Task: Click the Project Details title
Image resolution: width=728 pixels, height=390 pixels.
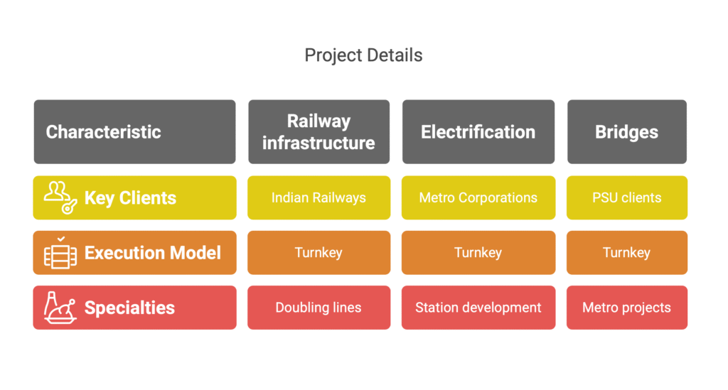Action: (363, 55)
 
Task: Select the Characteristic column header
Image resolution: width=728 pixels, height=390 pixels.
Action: (134, 131)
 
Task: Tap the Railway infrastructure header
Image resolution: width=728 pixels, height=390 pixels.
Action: (319, 131)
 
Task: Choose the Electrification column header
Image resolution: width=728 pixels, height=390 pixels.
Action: (478, 131)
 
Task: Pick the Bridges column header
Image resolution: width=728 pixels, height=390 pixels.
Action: (627, 131)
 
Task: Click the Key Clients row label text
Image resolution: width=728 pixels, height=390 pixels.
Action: (131, 198)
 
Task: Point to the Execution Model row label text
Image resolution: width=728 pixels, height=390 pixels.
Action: (153, 253)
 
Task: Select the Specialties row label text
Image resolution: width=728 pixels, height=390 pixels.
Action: (129, 308)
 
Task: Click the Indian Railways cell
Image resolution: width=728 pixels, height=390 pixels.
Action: (319, 197)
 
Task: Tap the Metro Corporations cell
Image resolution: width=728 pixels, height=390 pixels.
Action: (478, 197)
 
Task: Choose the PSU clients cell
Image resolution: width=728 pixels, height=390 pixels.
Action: (627, 197)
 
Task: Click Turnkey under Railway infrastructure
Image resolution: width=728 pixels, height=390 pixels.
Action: (319, 253)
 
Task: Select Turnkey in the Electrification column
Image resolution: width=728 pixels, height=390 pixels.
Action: (478, 253)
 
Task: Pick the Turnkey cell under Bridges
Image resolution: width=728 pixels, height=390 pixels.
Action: (627, 253)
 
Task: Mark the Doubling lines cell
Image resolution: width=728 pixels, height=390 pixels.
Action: (319, 308)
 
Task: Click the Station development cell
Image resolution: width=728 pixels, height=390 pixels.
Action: (478, 308)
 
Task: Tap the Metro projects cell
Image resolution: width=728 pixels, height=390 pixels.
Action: (627, 308)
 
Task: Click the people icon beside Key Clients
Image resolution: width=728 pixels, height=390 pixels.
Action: (60, 197)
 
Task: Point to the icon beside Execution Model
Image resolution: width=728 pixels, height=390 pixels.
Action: (60, 253)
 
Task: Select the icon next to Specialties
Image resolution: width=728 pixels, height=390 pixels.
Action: (60, 308)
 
